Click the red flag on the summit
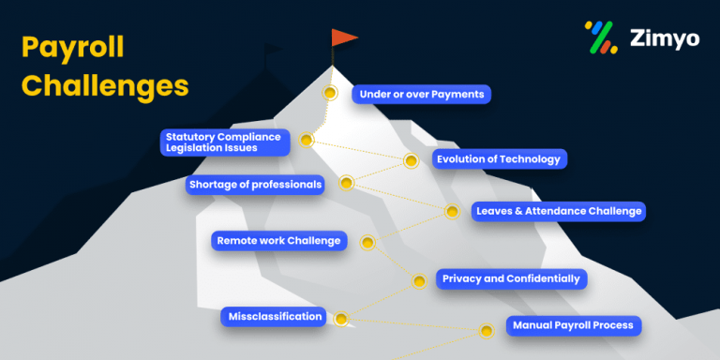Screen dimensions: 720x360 [344, 37]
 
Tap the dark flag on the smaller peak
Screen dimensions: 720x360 [273, 52]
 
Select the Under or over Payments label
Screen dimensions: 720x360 [422, 94]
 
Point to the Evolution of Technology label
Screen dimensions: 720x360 [498, 159]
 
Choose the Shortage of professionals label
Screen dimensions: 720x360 [254, 185]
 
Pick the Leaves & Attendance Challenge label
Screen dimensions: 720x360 [558, 211]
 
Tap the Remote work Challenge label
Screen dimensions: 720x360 [278, 241]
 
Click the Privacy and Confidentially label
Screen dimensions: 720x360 [511, 278]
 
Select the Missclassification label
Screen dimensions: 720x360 [275, 317]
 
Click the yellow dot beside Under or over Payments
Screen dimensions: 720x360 [330, 93]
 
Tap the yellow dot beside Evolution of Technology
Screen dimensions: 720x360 [411, 160]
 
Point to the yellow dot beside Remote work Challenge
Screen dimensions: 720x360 [367, 243]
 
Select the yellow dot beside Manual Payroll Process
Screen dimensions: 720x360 [487, 330]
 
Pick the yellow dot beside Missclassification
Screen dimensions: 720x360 [341, 319]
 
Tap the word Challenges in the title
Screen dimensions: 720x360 [104, 85]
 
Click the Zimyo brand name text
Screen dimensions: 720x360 [665, 39]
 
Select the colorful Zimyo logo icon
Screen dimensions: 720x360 [600, 37]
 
